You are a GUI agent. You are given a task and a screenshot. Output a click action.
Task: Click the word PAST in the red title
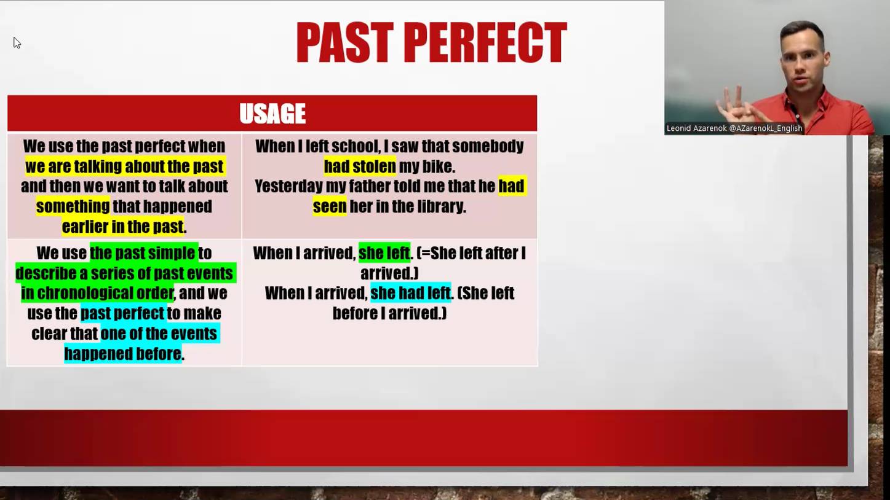pos(344,43)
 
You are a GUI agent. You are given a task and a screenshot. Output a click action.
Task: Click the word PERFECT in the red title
pos(485,43)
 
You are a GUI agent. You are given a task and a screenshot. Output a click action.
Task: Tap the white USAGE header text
pos(272,114)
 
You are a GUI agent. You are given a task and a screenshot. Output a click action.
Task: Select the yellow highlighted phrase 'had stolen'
pos(360,166)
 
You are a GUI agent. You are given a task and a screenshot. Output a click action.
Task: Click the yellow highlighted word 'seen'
pos(330,206)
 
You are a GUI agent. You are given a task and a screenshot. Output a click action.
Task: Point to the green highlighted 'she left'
pos(384,253)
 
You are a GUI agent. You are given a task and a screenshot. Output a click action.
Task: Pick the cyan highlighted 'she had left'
pos(410,293)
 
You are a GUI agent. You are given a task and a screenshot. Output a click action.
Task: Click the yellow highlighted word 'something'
pos(73,206)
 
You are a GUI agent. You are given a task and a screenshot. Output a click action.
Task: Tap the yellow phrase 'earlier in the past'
pos(123,227)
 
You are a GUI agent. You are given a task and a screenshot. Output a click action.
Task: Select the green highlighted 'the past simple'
pos(143,253)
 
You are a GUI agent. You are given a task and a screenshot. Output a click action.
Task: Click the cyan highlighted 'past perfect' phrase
pos(123,313)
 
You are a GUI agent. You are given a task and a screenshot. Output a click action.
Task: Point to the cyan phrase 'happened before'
pos(123,354)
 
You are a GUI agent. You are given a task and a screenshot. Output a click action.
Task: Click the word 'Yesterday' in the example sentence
pos(288,186)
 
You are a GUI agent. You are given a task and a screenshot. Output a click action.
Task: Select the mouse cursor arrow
pos(17,42)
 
